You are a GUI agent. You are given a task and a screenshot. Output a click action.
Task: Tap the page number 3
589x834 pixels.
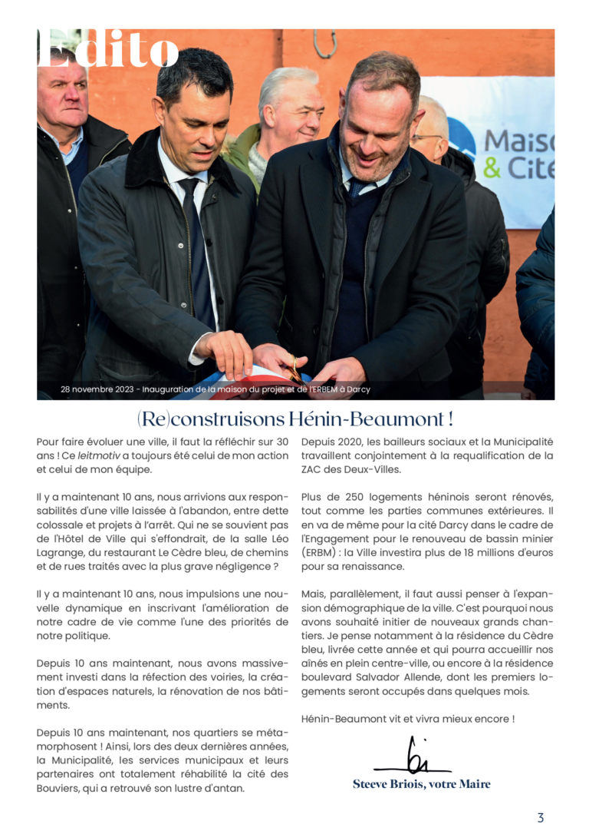pyautogui.click(x=540, y=817)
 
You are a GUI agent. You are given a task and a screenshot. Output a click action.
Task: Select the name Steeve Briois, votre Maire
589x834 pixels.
pyautogui.click(x=421, y=784)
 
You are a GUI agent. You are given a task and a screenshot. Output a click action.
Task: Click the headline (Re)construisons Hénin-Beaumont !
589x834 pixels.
pyautogui.click(x=294, y=419)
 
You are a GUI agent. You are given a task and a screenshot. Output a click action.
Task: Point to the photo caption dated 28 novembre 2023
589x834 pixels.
pyautogui.click(x=216, y=389)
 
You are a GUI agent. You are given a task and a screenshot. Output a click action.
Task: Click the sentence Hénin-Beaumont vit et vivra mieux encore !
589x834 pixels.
pyautogui.click(x=407, y=719)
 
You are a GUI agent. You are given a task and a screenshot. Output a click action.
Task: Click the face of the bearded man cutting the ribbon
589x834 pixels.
pyautogui.click(x=376, y=131)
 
